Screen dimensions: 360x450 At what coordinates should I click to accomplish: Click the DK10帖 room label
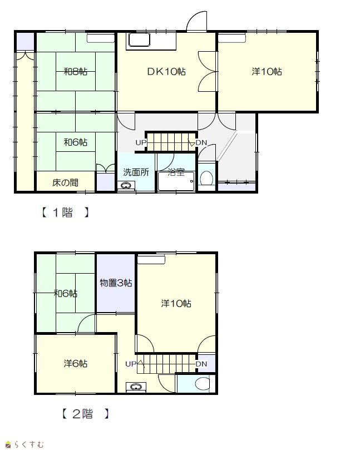tap(166, 71)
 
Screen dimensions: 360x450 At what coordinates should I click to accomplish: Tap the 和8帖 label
tap(76, 71)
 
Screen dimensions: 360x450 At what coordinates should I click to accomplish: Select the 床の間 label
tap(65, 182)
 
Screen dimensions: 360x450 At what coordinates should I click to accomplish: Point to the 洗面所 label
tap(136, 172)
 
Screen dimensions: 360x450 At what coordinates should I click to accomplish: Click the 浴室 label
tap(176, 172)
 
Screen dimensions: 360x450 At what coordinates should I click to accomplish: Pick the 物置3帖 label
tap(116, 283)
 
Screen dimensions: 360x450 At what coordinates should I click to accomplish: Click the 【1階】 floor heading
tap(65, 212)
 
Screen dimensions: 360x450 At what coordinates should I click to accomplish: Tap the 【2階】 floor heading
tap(86, 414)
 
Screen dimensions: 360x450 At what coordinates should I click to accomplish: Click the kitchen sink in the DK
tap(140, 40)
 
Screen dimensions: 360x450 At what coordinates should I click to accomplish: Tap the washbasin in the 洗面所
tap(126, 186)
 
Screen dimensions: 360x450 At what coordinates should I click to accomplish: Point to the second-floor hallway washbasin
tap(136, 387)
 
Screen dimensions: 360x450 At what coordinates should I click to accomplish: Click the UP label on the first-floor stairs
tap(141, 142)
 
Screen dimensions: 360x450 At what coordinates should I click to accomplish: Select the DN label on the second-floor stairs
tap(201, 364)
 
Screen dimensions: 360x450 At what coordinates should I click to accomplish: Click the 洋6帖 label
tap(76, 364)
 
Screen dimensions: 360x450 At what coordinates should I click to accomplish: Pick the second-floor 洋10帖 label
tap(176, 303)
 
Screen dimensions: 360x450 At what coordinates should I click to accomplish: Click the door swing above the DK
tap(196, 21)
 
